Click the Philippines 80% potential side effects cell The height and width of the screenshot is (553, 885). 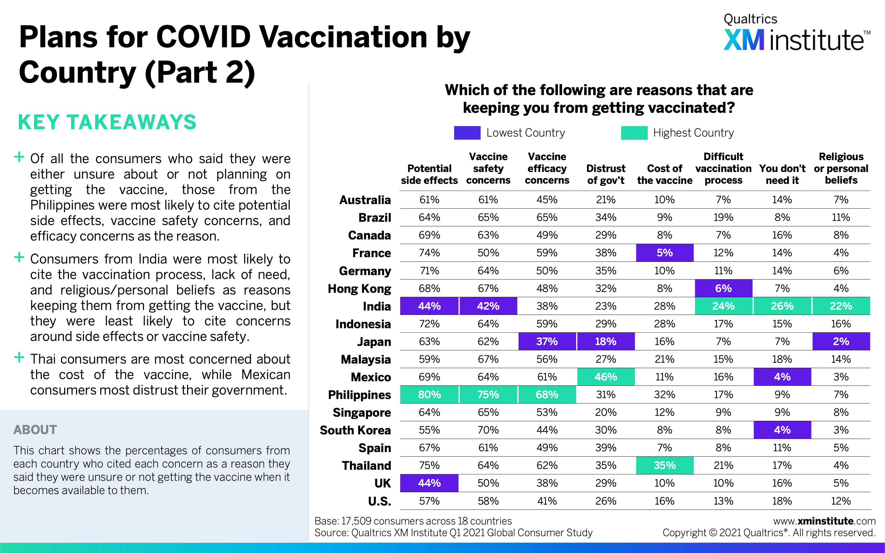(x=429, y=395)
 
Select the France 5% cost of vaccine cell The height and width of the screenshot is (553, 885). (x=665, y=253)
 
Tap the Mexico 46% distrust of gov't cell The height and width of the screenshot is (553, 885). (x=606, y=377)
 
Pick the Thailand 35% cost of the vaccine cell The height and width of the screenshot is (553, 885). (x=665, y=466)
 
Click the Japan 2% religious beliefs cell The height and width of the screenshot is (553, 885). (x=841, y=341)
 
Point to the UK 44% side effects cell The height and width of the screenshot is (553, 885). (x=429, y=483)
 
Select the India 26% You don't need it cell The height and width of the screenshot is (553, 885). (x=782, y=306)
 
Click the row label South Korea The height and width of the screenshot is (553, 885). (x=355, y=430)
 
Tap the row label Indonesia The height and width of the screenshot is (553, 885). (x=363, y=324)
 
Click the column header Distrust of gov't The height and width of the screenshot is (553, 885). (x=606, y=174)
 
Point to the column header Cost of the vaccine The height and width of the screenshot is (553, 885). (x=665, y=174)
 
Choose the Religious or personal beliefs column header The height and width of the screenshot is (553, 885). (x=841, y=168)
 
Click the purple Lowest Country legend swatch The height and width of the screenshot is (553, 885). (x=467, y=133)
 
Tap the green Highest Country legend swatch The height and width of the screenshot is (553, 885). (x=634, y=133)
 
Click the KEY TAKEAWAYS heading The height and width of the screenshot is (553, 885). (x=107, y=122)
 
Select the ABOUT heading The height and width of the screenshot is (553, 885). (x=35, y=430)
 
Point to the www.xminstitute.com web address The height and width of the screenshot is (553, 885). (x=824, y=521)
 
